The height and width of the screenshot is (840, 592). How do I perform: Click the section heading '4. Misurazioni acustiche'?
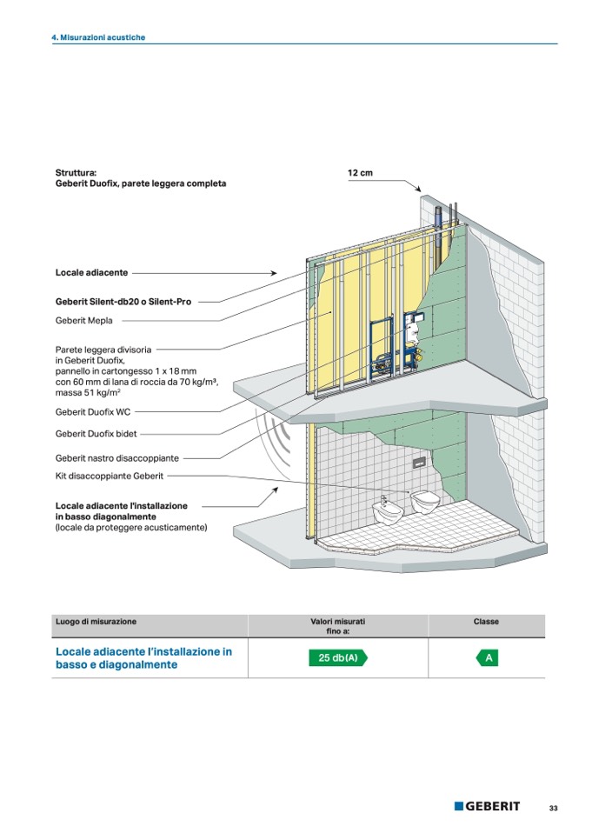tap(98, 37)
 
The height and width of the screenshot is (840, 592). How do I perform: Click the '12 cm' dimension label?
tap(360, 172)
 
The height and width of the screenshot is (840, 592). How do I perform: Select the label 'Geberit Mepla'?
tap(84, 320)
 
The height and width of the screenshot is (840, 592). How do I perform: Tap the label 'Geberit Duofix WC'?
tap(93, 412)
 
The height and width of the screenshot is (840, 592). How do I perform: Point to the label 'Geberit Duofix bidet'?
tap(96, 434)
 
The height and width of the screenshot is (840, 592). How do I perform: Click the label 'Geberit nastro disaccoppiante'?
tap(116, 458)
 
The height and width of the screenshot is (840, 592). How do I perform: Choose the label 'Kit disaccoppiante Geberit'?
tap(110, 476)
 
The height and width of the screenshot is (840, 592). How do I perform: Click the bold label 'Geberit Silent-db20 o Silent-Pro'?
tap(123, 302)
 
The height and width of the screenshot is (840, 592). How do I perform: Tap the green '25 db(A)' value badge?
tap(338, 657)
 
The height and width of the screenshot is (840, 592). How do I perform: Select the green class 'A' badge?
tap(488, 658)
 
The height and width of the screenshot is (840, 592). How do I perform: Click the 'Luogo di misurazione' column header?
tap(96, 622)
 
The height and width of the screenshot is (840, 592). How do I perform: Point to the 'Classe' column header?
tap(486, 622)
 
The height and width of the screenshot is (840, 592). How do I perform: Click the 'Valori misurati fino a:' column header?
tap(337, 626)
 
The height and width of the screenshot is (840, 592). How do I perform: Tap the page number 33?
tap(554, 808)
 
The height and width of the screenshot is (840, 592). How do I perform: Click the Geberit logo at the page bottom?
tap(487, 806)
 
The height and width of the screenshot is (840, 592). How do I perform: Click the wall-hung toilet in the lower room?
tap(425, 503)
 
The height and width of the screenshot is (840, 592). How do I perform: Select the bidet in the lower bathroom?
tap(388, 511)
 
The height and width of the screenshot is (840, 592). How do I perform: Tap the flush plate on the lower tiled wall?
tap(420, 463)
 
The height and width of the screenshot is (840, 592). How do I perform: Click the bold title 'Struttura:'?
tap(76, 172)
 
